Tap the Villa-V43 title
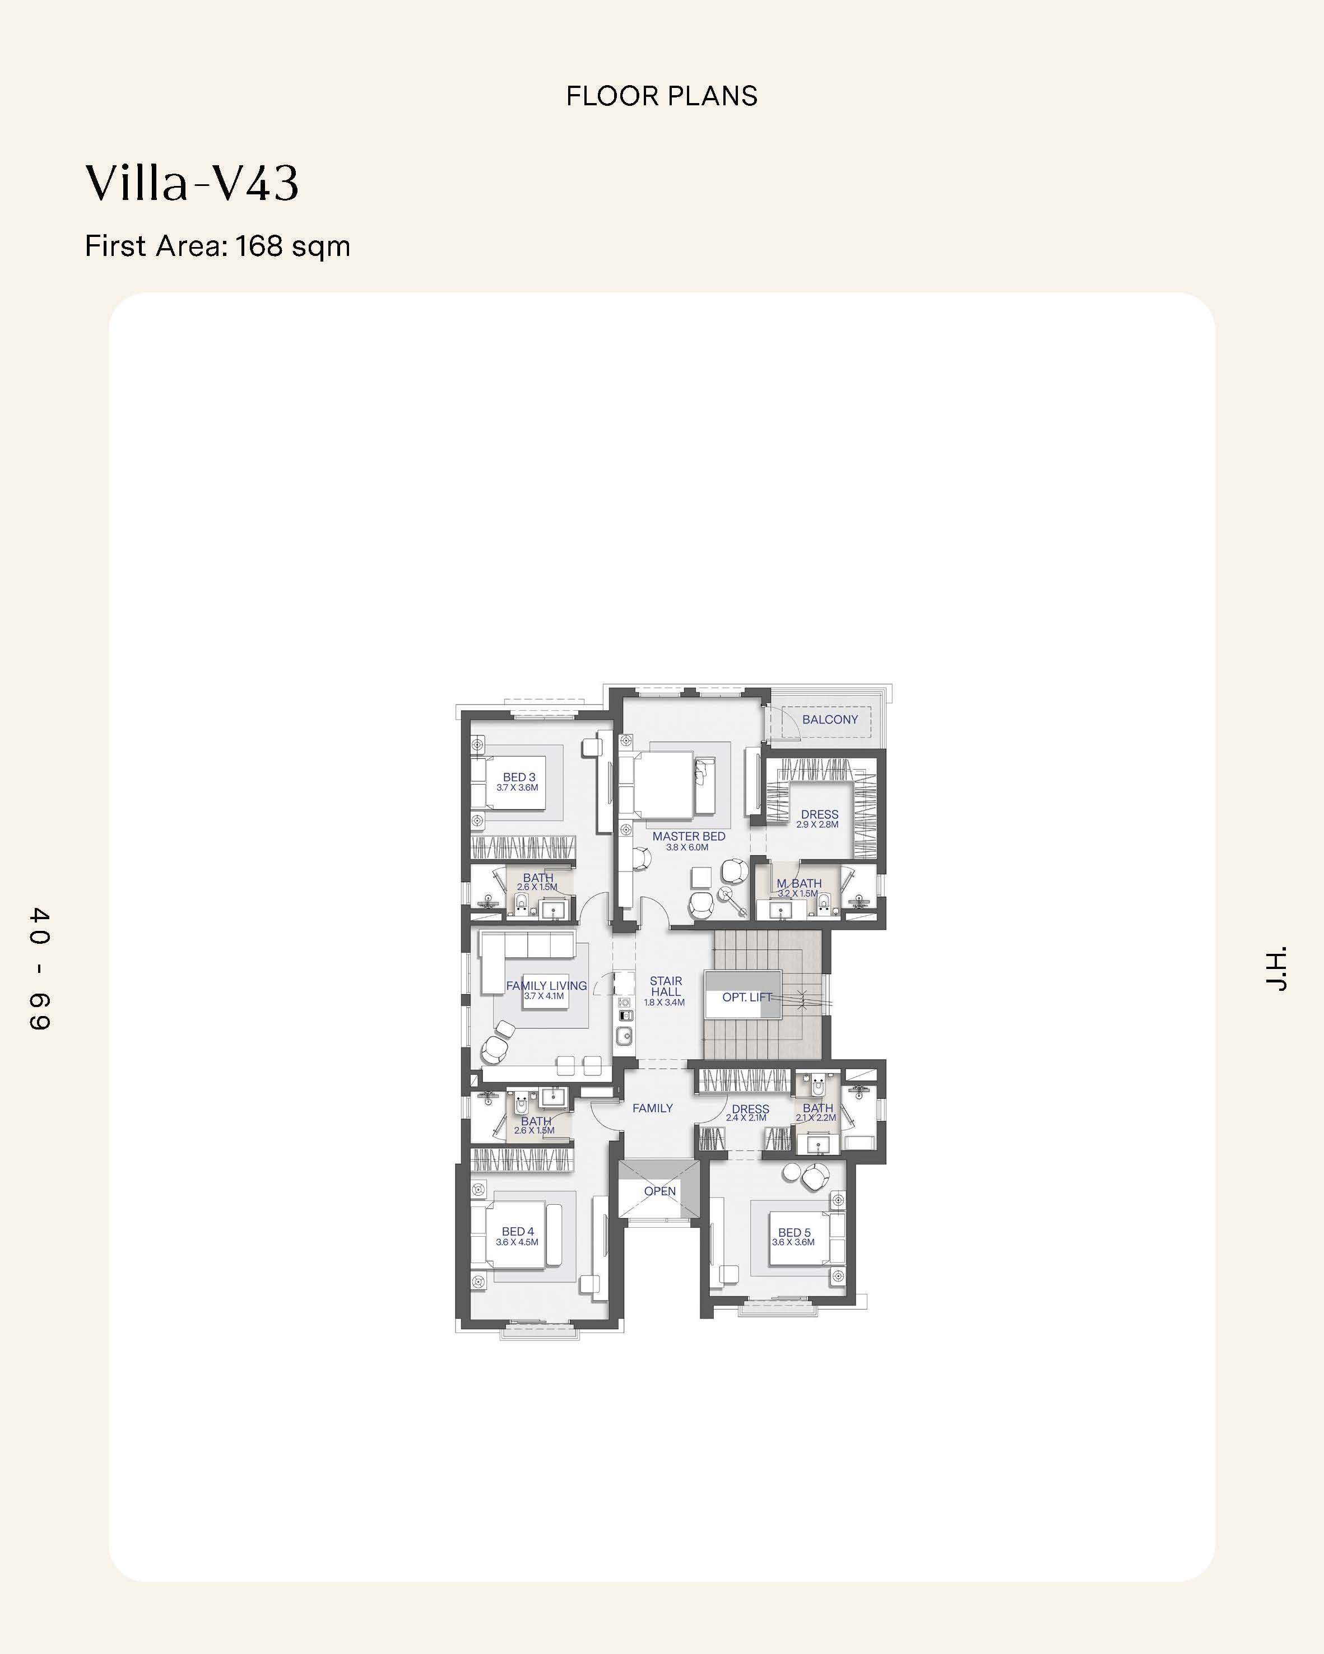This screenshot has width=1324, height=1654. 191,183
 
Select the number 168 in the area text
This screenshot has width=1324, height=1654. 258,246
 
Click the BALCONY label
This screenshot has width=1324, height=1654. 830,720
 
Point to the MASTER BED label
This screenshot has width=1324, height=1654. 689,836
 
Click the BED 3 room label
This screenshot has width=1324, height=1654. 519,777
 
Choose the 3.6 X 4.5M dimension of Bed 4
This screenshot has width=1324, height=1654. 517,1242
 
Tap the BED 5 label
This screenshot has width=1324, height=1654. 795,1232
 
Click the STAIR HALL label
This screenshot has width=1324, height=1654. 666,986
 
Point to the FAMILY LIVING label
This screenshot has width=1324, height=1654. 546,986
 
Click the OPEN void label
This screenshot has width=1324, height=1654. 659,1191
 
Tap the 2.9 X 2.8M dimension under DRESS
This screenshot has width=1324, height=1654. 817,824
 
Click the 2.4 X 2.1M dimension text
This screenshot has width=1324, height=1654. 746,1118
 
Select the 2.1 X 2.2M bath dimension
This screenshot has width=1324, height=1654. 816,1118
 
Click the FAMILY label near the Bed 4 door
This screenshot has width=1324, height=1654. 652,1108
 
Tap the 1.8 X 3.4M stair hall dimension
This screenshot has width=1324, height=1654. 664,1003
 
